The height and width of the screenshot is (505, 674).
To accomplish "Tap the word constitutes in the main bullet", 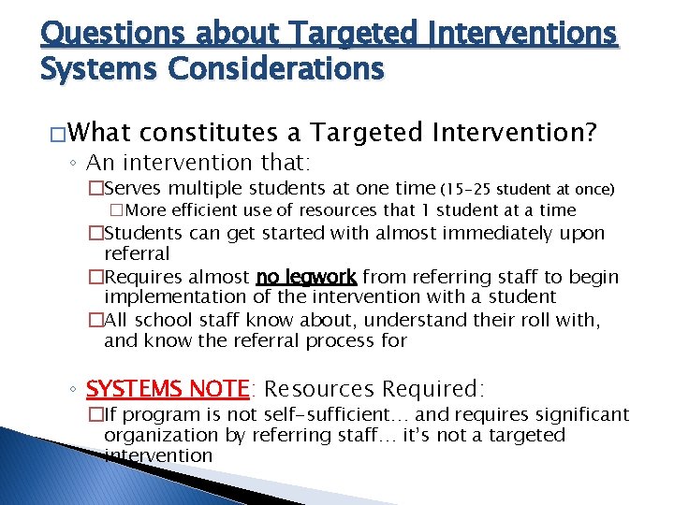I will [x=221, y=133].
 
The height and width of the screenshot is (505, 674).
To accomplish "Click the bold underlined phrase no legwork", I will [x=307, y=277].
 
